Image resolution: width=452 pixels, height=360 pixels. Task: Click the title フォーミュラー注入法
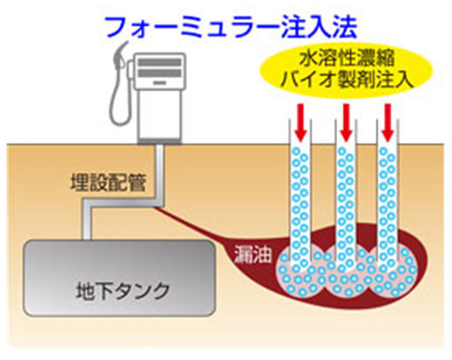click(232, 27)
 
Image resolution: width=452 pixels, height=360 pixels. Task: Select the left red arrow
click(301, 123)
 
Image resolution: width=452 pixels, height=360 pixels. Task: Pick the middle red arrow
click(346, 123)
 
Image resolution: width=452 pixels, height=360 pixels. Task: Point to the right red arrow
click(388, 123)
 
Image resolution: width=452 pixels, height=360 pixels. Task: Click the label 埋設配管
click(108, 182)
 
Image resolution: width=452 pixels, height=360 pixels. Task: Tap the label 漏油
click(252, 255)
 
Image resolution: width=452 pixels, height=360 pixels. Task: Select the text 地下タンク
click(123, 291)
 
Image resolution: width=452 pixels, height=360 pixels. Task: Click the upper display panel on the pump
click(160, 62)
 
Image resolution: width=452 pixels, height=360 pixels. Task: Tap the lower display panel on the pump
click(160, 73)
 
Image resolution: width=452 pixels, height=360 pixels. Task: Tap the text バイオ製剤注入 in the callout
click(346, 80)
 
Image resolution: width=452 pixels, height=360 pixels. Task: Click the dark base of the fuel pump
click(160, 141)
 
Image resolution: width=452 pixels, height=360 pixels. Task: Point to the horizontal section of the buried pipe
click(123, 202)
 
